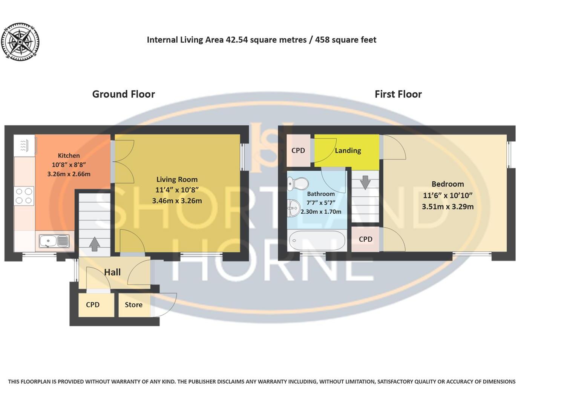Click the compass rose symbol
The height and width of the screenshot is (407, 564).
(20, 41)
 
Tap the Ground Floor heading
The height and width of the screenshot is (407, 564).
(123, 94)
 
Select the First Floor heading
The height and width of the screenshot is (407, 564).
(398, 94)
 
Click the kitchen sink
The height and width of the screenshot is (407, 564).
(54, 241)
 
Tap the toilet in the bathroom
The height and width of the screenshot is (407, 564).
(298, 183)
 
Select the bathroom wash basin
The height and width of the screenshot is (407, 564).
(293, 208)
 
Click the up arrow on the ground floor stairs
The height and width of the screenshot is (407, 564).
(94, 244)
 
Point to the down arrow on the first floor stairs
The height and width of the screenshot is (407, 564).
(365, 182)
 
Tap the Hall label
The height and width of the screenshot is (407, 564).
(112, 272)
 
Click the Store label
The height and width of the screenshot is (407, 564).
(133, 305)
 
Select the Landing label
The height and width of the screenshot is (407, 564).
(348, 150)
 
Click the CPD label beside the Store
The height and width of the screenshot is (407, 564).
(93, 305)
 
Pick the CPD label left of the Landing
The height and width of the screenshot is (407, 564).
(298, 150)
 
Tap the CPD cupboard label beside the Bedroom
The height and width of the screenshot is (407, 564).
(365, 239)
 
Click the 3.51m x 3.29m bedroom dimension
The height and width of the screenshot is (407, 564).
(448, 207)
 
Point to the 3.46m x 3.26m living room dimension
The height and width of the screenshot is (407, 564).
(177, 201)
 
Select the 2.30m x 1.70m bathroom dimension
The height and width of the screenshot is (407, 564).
(321, 212)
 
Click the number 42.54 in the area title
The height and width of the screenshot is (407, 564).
(237, 40)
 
